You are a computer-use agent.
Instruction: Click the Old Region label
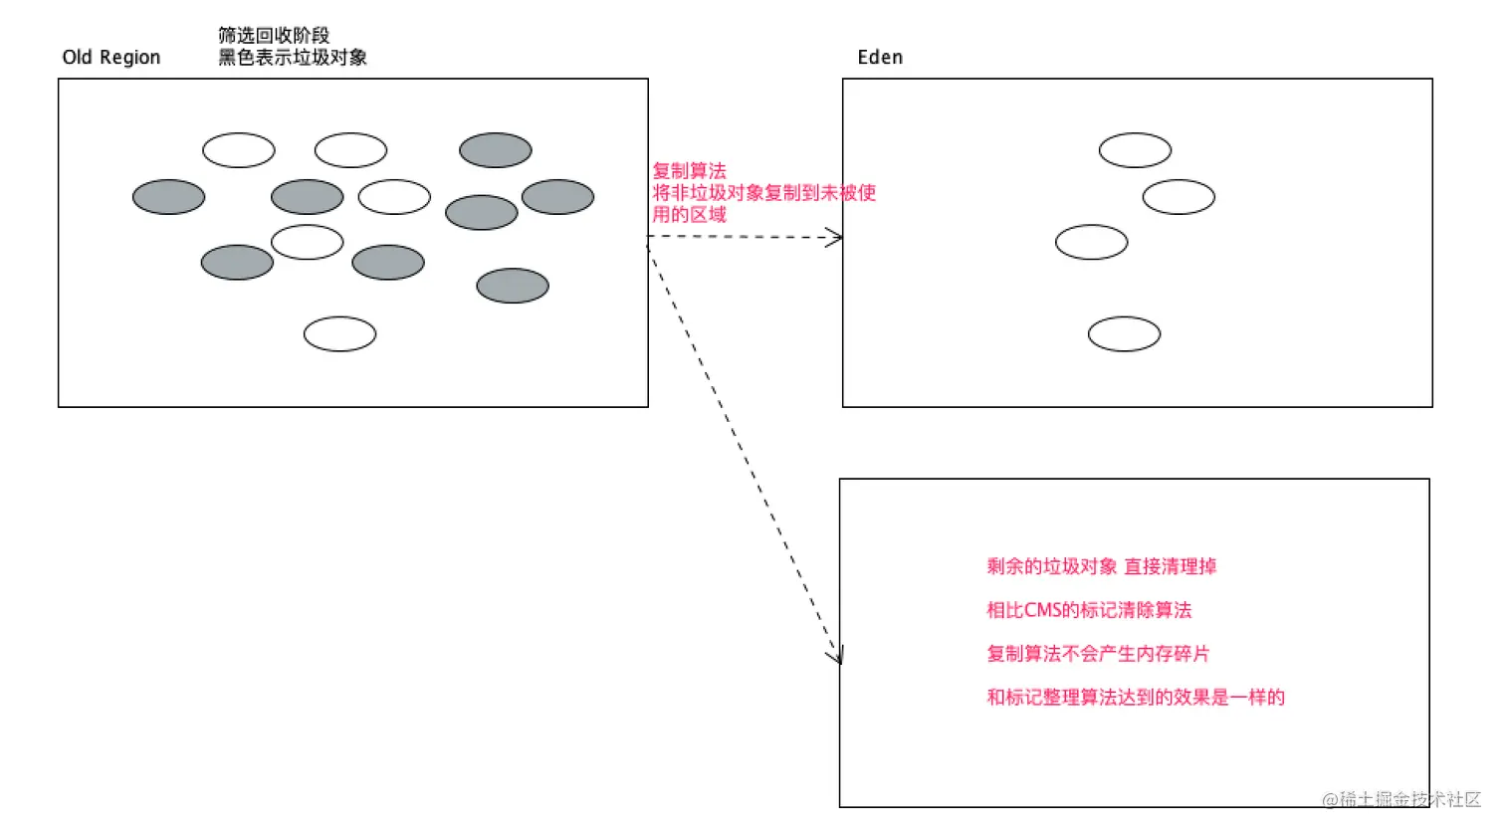(110, 58)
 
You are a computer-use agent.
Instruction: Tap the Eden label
(880, 58)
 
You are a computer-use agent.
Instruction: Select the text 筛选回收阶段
(274, 36)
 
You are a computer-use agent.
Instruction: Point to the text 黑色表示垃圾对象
(293, 58)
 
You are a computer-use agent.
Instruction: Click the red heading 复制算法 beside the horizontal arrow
(689, 171)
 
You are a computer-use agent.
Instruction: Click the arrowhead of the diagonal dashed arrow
(839, 656)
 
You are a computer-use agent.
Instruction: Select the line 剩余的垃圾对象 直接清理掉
(1101, 567)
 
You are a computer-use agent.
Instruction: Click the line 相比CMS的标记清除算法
(1088, 611)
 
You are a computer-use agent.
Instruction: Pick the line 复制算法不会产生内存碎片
(1097, 654)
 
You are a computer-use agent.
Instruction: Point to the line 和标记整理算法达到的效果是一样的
(1135, 698)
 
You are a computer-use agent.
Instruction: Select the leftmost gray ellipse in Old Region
(168, 197)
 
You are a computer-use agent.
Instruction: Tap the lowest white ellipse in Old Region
(339, 334)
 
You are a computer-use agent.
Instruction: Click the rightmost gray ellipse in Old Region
(557, 197)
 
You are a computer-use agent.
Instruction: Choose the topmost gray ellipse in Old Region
(495, 150)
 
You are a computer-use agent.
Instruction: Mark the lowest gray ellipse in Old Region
(512, 287)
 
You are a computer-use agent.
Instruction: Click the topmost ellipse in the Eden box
(1135, 150)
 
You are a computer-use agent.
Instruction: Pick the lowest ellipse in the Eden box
(1124, 334)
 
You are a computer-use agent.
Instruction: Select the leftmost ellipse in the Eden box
(1091, 243)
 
